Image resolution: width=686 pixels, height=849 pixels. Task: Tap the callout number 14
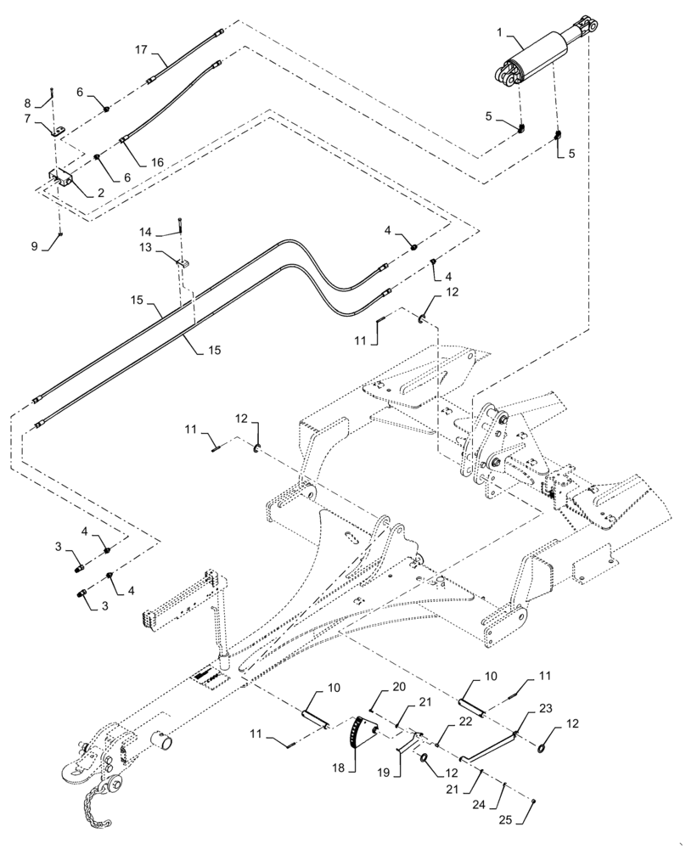point(146,230)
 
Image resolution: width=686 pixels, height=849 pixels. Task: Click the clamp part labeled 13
point(183,262)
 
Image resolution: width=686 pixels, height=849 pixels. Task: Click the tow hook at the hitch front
point(72,771)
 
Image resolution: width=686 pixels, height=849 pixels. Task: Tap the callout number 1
point(500,32)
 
